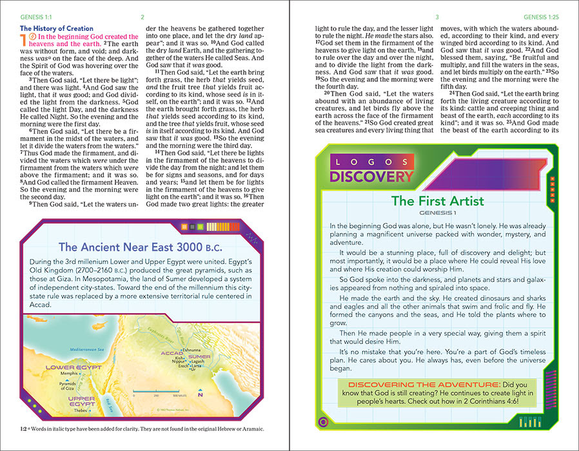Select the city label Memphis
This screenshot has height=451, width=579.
click(x=69, y=374)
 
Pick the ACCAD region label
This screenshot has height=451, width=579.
click(x=172, y=354)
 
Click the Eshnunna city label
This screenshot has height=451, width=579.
click(x=191, y=349)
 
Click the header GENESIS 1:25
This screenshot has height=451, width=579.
click(x=545, y=17)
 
